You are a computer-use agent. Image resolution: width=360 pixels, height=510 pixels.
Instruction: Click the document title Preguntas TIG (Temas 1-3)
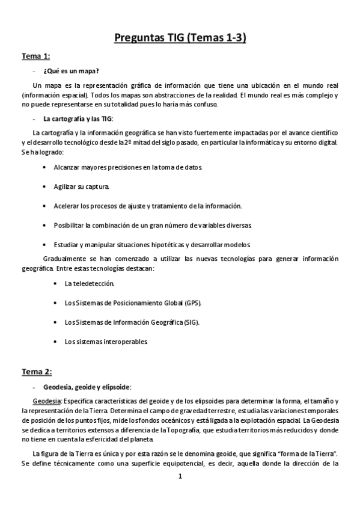click(180, 39)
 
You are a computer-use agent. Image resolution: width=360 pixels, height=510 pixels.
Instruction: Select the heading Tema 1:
click(35, 56)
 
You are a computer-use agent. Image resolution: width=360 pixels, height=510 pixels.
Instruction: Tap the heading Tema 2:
click(37, 370)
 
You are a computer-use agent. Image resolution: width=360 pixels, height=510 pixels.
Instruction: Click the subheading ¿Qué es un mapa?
click(75, 70)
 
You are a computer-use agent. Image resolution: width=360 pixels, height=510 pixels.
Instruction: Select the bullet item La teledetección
click(88, 283)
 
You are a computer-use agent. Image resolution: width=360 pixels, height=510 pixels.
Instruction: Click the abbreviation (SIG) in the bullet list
click(191, 322)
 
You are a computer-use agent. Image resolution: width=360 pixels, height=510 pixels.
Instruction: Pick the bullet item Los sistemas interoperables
click(106, 342)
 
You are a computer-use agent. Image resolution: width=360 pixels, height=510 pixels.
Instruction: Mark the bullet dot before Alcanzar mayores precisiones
click(45, 167)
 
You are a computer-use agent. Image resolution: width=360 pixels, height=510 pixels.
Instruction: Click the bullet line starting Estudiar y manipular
click(156, 245)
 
